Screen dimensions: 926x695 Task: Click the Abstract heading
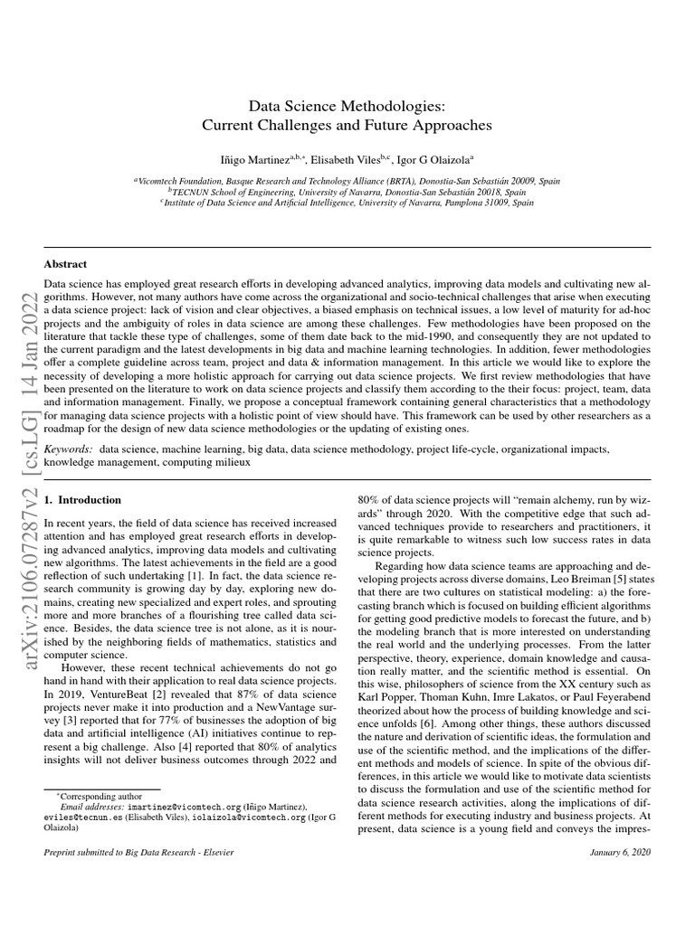65,264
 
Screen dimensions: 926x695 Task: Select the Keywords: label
68,449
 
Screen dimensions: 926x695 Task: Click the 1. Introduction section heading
82,499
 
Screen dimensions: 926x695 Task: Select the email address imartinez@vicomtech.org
185,805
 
